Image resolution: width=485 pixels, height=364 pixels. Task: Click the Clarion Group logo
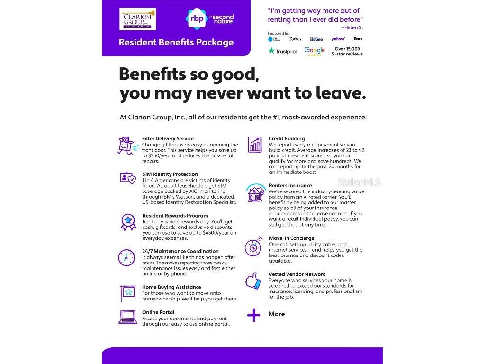click(x=137, y=20)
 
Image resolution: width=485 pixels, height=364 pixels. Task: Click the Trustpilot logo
click(x=283, y=51)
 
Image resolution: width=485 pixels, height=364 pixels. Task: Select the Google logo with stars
click(x=314, y=51)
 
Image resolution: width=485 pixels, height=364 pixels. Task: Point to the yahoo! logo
click(x=338, y=39)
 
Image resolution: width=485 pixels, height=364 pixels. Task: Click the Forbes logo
click(x=296, y=39)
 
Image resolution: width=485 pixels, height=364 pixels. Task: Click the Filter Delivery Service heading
click(x=168, y=139)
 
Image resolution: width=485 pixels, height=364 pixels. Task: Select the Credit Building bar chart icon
click(x=255, y=145)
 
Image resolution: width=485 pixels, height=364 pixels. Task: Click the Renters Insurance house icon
click(x=255, y=192)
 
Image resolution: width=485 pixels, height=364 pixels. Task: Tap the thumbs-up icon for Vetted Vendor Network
click(x=253, y=281)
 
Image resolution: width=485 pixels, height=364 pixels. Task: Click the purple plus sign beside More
click(x=254, y=315)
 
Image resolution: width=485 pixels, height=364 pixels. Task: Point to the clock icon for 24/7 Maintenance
click(x=126, y=257)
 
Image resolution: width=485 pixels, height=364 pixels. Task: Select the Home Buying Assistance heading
click(x=171, y=287)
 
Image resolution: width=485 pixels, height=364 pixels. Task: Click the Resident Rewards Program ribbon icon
click(x=127, y=221)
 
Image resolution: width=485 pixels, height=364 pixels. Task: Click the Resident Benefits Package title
click(x=176, y=43)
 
